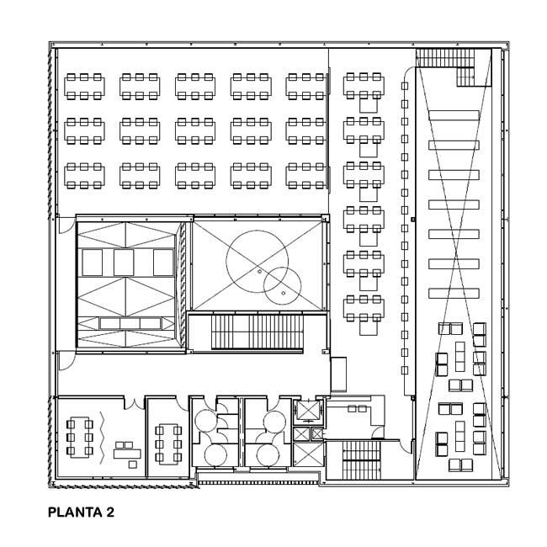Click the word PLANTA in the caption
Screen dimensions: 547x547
(x=75, y=512)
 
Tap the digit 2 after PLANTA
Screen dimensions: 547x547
(x=110, y=512)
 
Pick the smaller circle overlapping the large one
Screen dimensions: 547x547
(x=283, y=286)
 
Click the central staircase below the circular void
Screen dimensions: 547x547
(x=258, y=332)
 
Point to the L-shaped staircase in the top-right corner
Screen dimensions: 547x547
(x=454, y=66)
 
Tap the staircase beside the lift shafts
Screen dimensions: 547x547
(x=361, y=459)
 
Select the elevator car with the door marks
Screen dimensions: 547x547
(x=307, y=411)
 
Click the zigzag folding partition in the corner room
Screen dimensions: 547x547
(x=102, y=438)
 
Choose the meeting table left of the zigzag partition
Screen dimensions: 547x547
(x=80, y=438)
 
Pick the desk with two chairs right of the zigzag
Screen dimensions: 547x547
(x=127, y=451)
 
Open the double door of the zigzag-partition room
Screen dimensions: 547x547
(x=135, y=402)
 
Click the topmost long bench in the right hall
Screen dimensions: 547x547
(x=454, y=115)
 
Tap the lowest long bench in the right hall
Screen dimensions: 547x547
(x=454, y=293)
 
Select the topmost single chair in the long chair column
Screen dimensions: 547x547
(x=405, y=86)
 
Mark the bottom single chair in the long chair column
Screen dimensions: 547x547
(x=405, y=370)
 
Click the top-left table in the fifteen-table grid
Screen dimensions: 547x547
(x=84, y=87)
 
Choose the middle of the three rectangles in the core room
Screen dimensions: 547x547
(x=124, y=263)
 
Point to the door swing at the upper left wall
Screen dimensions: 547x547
(x=67, y=225)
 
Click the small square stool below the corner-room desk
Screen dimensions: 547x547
(x=133, y=465)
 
